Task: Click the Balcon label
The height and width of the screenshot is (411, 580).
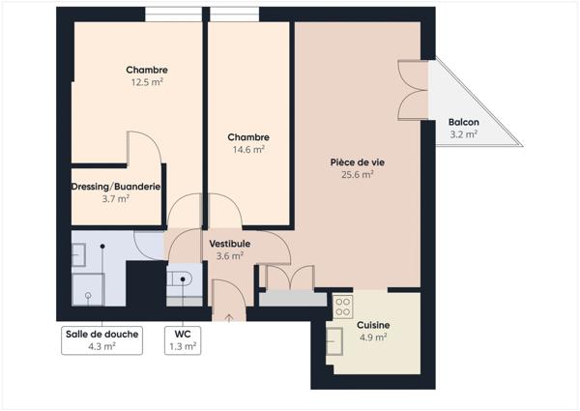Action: click(x=463, y=122)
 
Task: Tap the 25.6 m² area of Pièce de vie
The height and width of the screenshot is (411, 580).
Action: click(x=358, y=175)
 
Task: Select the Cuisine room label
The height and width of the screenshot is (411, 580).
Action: click(x=372, y=325)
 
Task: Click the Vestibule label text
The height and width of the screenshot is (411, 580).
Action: click(x=230, y=244)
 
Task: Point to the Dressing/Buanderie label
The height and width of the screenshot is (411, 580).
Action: click(x=115, y=186)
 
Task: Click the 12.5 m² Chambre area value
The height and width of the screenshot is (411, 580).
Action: click(x=147, y=82)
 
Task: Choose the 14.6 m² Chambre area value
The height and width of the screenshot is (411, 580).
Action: click(x=248, y=150)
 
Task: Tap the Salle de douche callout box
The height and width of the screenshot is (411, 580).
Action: click(x=101, y=339)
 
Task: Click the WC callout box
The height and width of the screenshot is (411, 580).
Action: click(x=182, y=339)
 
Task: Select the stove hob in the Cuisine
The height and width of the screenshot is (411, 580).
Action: click(x=342, y=307)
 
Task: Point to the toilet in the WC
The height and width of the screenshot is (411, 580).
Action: click(x=183, y=280)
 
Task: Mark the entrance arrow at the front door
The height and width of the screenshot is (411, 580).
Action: click(x=229, y=315)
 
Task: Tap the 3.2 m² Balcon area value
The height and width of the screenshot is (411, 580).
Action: click(x=463, y=134)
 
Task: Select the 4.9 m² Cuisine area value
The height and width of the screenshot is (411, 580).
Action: click(x=372, y=338)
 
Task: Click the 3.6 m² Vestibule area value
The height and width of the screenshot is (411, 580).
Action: click(x=230, y=256)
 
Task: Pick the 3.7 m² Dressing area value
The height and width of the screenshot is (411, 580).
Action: click(x=115, y=198)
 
